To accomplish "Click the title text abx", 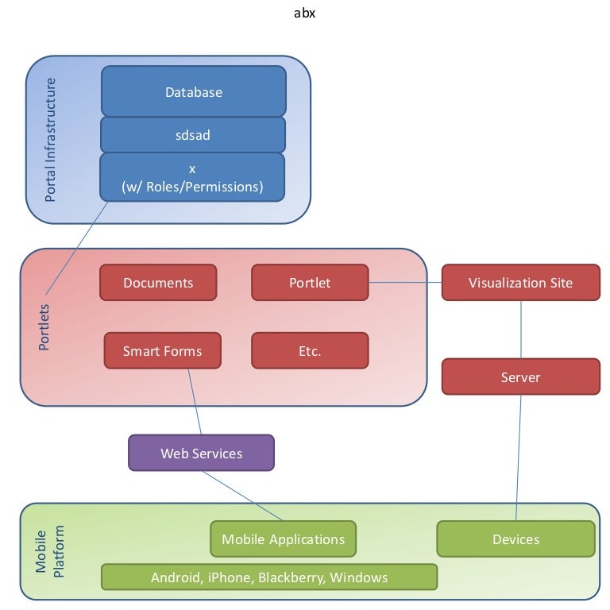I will click(304, 14).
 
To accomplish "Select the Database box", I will click(193, 91).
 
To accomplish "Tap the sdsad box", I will click(193, 135).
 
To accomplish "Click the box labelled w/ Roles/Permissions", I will click(192, 178).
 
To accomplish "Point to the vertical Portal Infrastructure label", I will click(51, 139).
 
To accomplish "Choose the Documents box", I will click(158, 283).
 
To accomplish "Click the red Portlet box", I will click(310, 283).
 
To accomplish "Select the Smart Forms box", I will click(162, 351).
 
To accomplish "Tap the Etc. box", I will click(310, 351).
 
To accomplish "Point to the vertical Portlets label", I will click(44, 326).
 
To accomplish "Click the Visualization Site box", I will click(520, 283).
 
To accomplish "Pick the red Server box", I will click(520, 376).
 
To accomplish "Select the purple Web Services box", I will click(201, 454).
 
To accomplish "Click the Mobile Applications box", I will click(283, 539).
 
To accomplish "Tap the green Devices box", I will click(515, 539).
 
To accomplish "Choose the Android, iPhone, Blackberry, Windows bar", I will click(269, 577).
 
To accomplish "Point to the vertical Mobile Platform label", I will click(48, 550).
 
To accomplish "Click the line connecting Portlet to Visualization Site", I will click(405, 283).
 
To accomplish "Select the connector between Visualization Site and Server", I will click(521, 330).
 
